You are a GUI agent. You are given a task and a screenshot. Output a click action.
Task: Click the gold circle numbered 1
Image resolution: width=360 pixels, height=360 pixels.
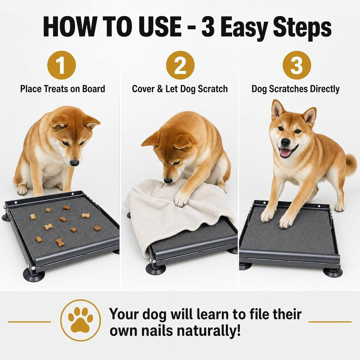point(61,65)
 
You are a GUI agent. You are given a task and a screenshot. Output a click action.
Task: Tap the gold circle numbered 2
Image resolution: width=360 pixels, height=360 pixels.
point(180,65)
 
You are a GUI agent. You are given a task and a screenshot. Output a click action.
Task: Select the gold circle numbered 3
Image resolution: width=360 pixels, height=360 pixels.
point(297,65)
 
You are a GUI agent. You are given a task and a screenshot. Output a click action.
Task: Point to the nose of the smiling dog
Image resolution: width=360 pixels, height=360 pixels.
point(285,142)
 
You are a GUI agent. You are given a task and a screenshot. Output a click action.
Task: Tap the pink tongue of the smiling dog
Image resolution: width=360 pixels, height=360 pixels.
point(285,152)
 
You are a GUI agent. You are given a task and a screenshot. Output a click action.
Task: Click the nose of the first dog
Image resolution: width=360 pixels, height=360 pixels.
point(74,163)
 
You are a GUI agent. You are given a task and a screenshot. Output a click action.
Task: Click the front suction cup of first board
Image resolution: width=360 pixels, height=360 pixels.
point(34,276)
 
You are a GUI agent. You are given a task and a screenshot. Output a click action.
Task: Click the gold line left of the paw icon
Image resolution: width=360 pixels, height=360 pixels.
point(29,322)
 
